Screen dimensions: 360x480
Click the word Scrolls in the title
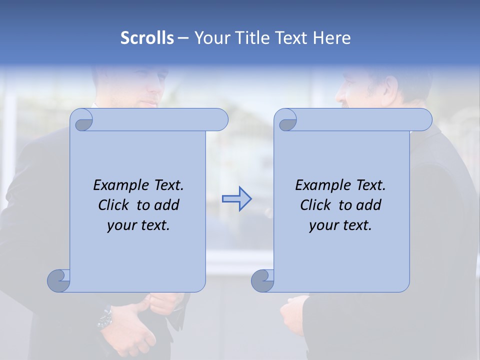(x=147, y=38)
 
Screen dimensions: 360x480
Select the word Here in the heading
(x=332, y=38)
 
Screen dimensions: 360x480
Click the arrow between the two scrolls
(x=236, y=198)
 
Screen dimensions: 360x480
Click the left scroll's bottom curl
(x=59, y=280)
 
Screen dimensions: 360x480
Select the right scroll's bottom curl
(x=263, y=280)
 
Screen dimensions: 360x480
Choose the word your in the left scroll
(x=121, y=225)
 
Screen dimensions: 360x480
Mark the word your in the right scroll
(x=323, y=225)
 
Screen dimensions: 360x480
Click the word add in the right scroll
(x=368, y=205)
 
